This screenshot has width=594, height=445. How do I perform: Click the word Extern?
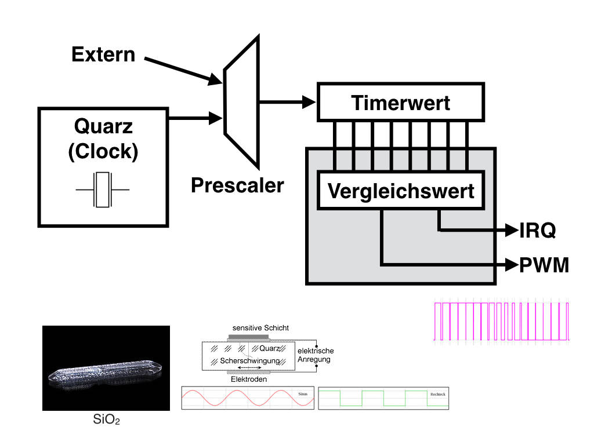pos(103,54)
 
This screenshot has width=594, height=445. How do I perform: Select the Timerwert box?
pos(400,103)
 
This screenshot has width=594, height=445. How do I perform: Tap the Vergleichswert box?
pos(401,190)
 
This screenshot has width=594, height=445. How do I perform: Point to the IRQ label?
pos(538,231)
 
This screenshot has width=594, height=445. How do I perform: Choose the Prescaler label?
pos(238,185)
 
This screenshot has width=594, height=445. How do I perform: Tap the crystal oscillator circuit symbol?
pos(103,190)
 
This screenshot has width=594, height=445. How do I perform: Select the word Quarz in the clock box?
pos(103,126)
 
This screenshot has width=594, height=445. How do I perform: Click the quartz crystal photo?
pos(106,369)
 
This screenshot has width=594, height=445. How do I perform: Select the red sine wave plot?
pos(248,398)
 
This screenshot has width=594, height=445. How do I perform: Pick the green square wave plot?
pos(385,398)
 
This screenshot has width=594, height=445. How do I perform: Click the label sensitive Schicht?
pos(260,328)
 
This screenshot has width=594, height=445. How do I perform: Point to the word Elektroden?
pos(248,380)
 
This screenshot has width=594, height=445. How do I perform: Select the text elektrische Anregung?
pos(314,355)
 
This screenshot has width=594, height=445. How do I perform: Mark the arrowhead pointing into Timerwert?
pos(311,103)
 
